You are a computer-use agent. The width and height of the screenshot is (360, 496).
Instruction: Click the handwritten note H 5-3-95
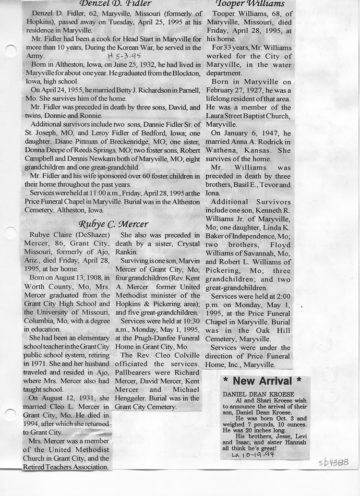pos(125,56)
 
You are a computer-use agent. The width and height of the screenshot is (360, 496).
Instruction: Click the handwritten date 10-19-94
pos(253,454)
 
